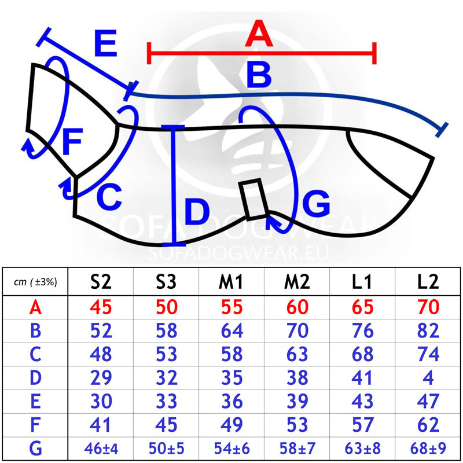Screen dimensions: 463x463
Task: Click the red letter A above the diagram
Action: [259, 34]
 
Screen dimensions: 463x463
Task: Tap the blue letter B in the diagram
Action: [259, 75]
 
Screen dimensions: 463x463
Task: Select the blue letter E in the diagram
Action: [106, 43]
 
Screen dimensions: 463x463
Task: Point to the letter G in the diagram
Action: [316, 204]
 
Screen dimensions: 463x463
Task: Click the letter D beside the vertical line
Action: [197, 211]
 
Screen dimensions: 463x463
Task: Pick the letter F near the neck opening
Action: [72, 141]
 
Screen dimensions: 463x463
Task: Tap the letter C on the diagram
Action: [109, 197]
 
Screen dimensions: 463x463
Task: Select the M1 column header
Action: [231, 282]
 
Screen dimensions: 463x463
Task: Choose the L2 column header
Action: [428, 282]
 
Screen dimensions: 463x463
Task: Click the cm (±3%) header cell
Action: [35, 282]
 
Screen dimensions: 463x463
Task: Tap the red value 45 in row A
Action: [101, 307]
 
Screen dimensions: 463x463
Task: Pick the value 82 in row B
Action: [428, 330]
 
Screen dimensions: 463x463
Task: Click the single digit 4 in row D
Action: [428, 378]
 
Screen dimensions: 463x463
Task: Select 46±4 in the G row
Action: [101, 449]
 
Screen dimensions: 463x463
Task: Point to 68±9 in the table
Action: [428, 449]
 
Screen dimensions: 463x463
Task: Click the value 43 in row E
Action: [363, 401]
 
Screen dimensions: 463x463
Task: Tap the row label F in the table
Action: [35, 425]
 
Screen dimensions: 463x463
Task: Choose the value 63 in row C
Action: [297, 354]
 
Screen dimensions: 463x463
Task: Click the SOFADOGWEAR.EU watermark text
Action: [238, 253]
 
